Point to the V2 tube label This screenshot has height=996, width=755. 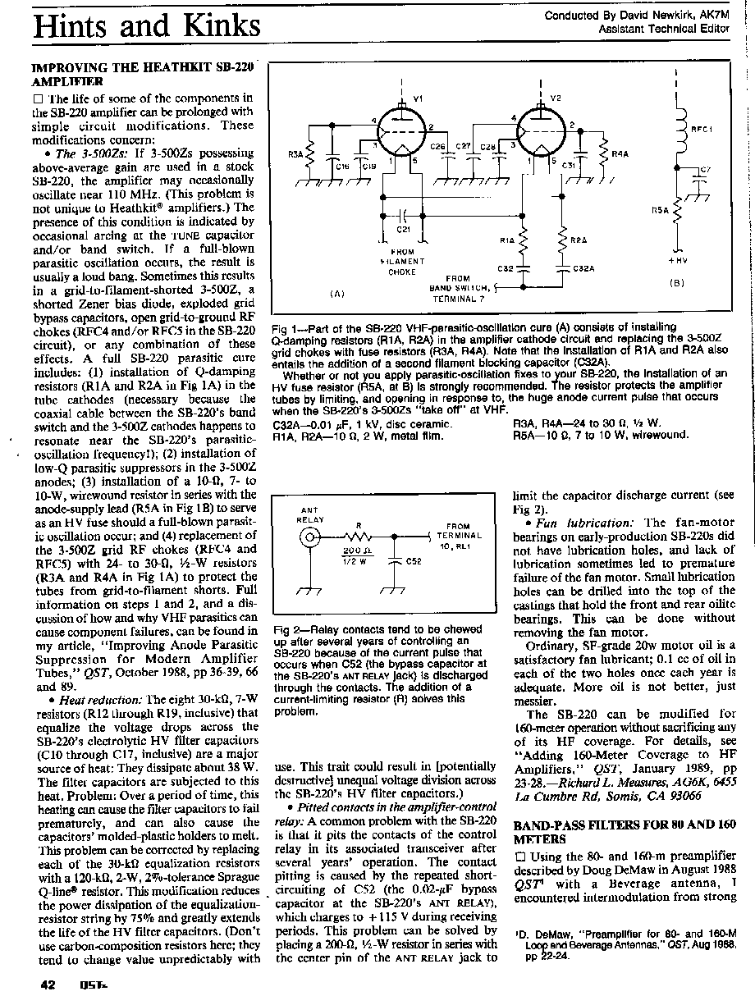coord(556,98)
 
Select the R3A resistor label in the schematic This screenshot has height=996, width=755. coord(295,153)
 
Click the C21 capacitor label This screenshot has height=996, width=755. coord(403,229)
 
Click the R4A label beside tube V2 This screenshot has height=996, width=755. coord(620,153)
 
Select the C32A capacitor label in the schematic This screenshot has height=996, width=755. coord(583,268)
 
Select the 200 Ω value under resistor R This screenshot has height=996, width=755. coord(354,551)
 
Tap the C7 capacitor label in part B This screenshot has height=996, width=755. coord(705,170)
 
